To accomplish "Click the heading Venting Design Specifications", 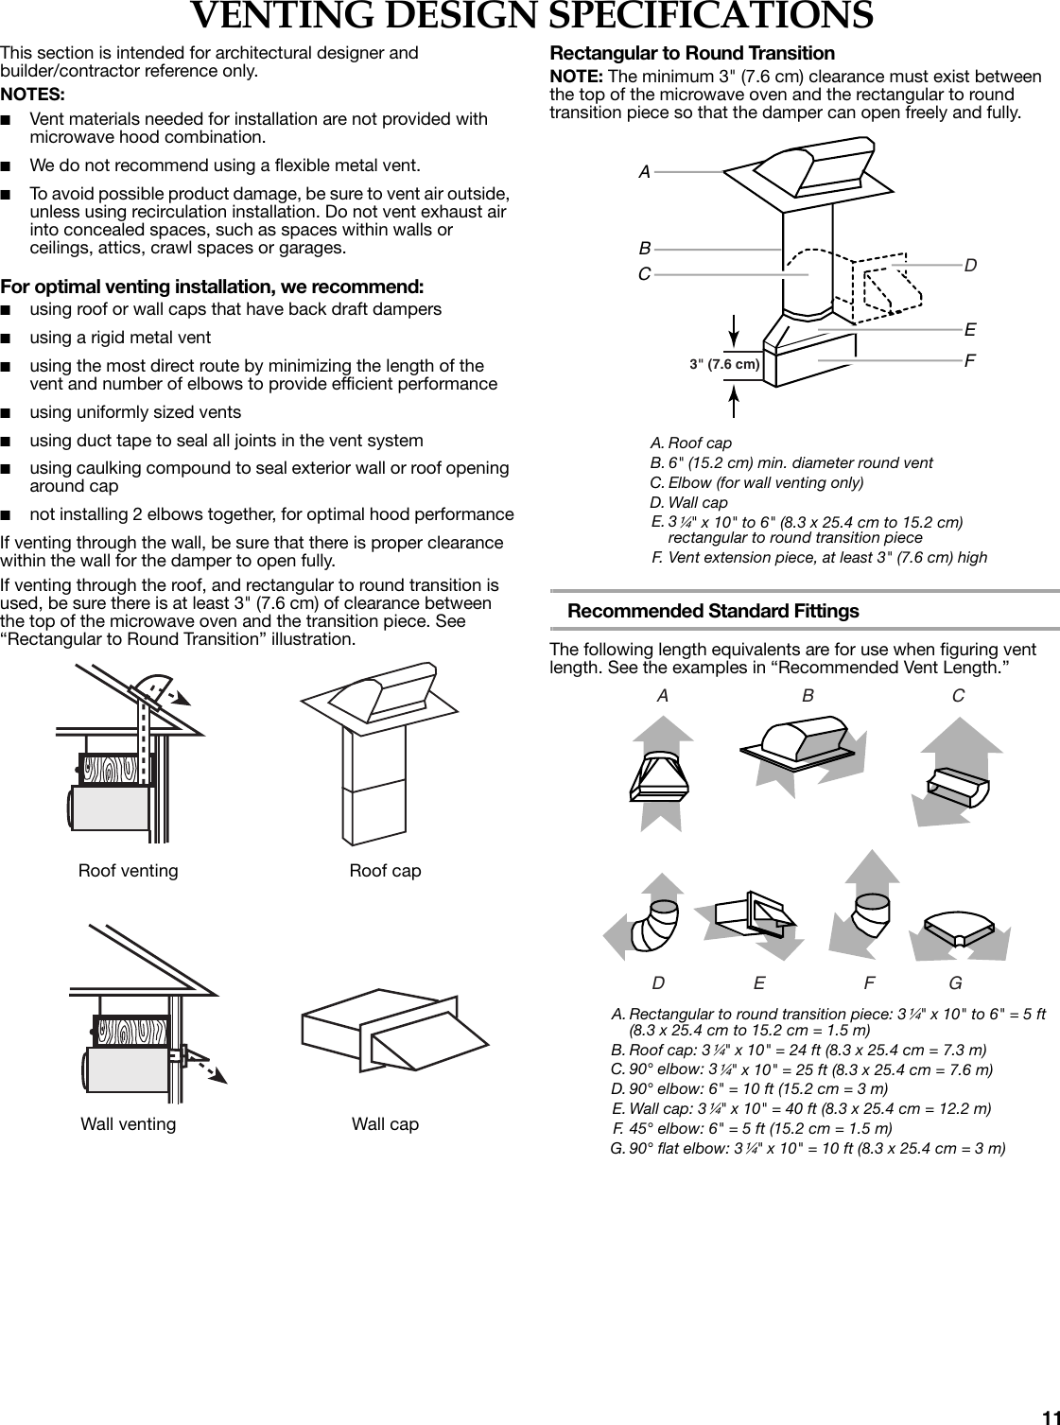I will [531, 16].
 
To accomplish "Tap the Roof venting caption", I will [128, 870].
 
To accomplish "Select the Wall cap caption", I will [385, 1123].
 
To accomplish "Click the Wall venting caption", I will [128, 1123].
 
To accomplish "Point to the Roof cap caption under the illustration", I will [385, 870].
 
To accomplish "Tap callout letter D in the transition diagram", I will [970, 266].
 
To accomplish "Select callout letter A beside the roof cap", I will [644, 172].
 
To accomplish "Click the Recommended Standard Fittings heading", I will [713, 611].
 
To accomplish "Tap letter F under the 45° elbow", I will [869, 983].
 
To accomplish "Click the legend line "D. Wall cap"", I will [689, 502].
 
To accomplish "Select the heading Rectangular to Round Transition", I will [692, 53].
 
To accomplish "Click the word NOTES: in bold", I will [33, 95].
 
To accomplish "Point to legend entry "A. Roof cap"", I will [691, 443].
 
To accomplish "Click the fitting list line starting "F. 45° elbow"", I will [752, 1128].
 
